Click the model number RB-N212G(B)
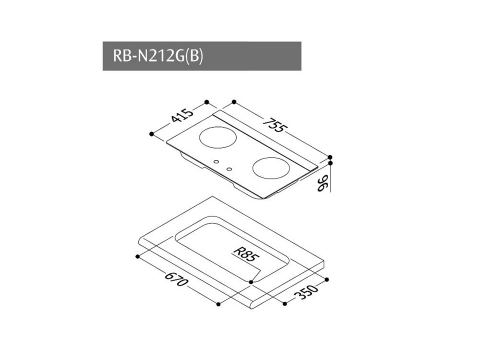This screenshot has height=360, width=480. click(x=158, y=56)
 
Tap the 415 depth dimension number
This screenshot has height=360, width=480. click(x=182, y=115)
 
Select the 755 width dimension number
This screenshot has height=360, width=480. click(x=274, y=125)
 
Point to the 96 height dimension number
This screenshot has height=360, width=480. click(x=323, y=184)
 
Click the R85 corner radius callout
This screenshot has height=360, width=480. click(x=246, y=255)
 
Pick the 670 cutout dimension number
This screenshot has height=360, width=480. click(x=177, y=279)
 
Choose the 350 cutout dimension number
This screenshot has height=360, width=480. click(x=307, y=292)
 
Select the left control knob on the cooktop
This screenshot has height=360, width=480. click(x=217, y=162)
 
